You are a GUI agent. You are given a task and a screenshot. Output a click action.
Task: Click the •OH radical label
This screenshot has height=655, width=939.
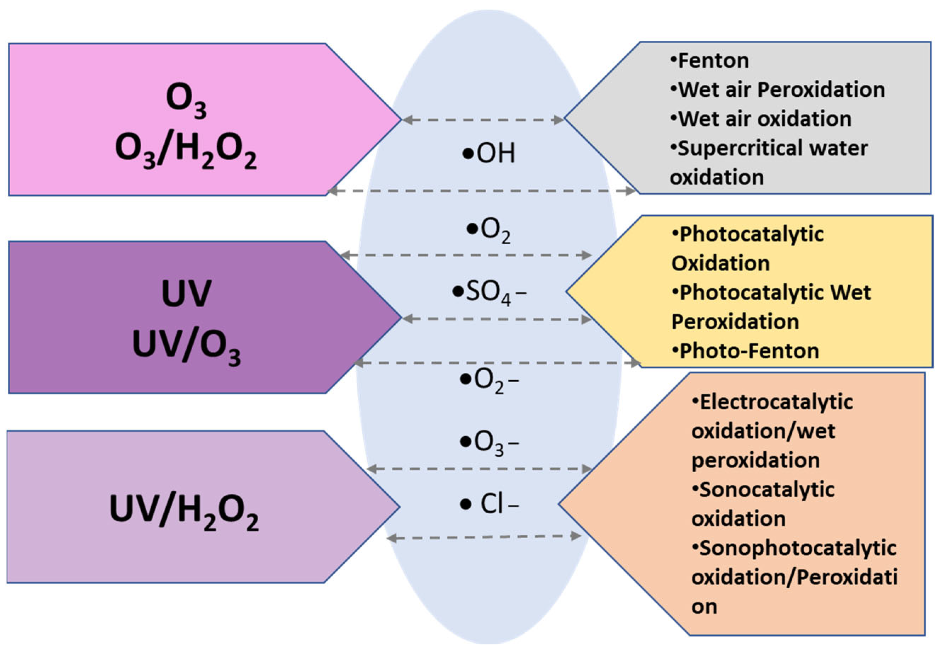pos(489,153)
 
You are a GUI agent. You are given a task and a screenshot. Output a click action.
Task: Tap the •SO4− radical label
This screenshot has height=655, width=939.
pos(489,293)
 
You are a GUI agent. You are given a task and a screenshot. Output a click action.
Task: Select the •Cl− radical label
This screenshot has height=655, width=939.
pos(489,504)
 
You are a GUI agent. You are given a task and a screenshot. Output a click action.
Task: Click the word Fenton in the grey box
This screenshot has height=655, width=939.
pos(713,61)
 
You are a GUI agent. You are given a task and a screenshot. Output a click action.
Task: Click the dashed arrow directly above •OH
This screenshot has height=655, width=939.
pos(482,120)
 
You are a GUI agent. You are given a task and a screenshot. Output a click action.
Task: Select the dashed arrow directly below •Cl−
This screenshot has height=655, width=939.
pos(484,537)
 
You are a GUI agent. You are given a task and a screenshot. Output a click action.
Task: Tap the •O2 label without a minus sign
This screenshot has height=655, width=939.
pos(489,230)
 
